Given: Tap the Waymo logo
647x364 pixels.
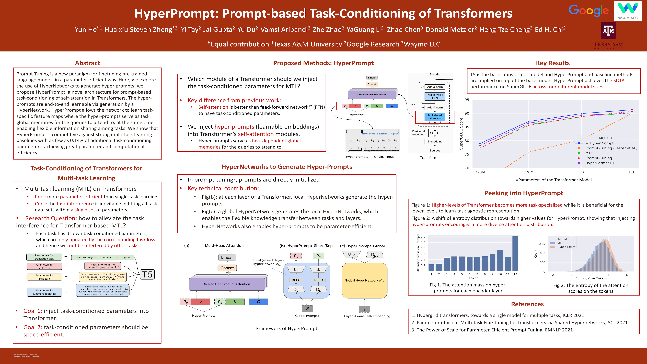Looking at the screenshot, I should coord(628,11).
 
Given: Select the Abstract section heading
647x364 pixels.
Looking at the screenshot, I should coord(87,63).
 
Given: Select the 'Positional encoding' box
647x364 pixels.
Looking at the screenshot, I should coord(418,133).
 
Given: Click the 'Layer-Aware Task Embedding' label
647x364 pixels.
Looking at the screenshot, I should coord(367,316).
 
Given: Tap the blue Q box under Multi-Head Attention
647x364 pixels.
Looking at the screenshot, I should coord(258,302).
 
